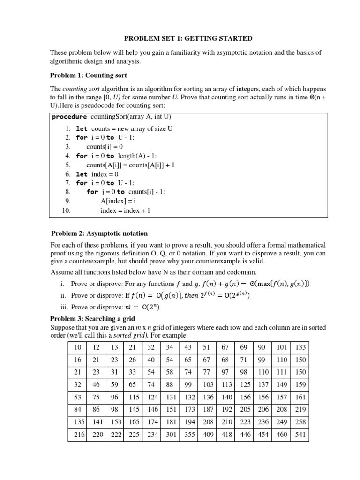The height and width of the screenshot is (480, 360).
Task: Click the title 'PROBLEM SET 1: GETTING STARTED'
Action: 181,38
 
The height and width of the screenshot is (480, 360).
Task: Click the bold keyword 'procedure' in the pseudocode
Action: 69,117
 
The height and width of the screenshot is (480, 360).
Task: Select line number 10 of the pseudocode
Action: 66,210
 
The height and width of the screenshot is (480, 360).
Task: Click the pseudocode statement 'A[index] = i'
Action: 117,201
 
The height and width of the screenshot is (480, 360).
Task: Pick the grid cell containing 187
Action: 208,410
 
